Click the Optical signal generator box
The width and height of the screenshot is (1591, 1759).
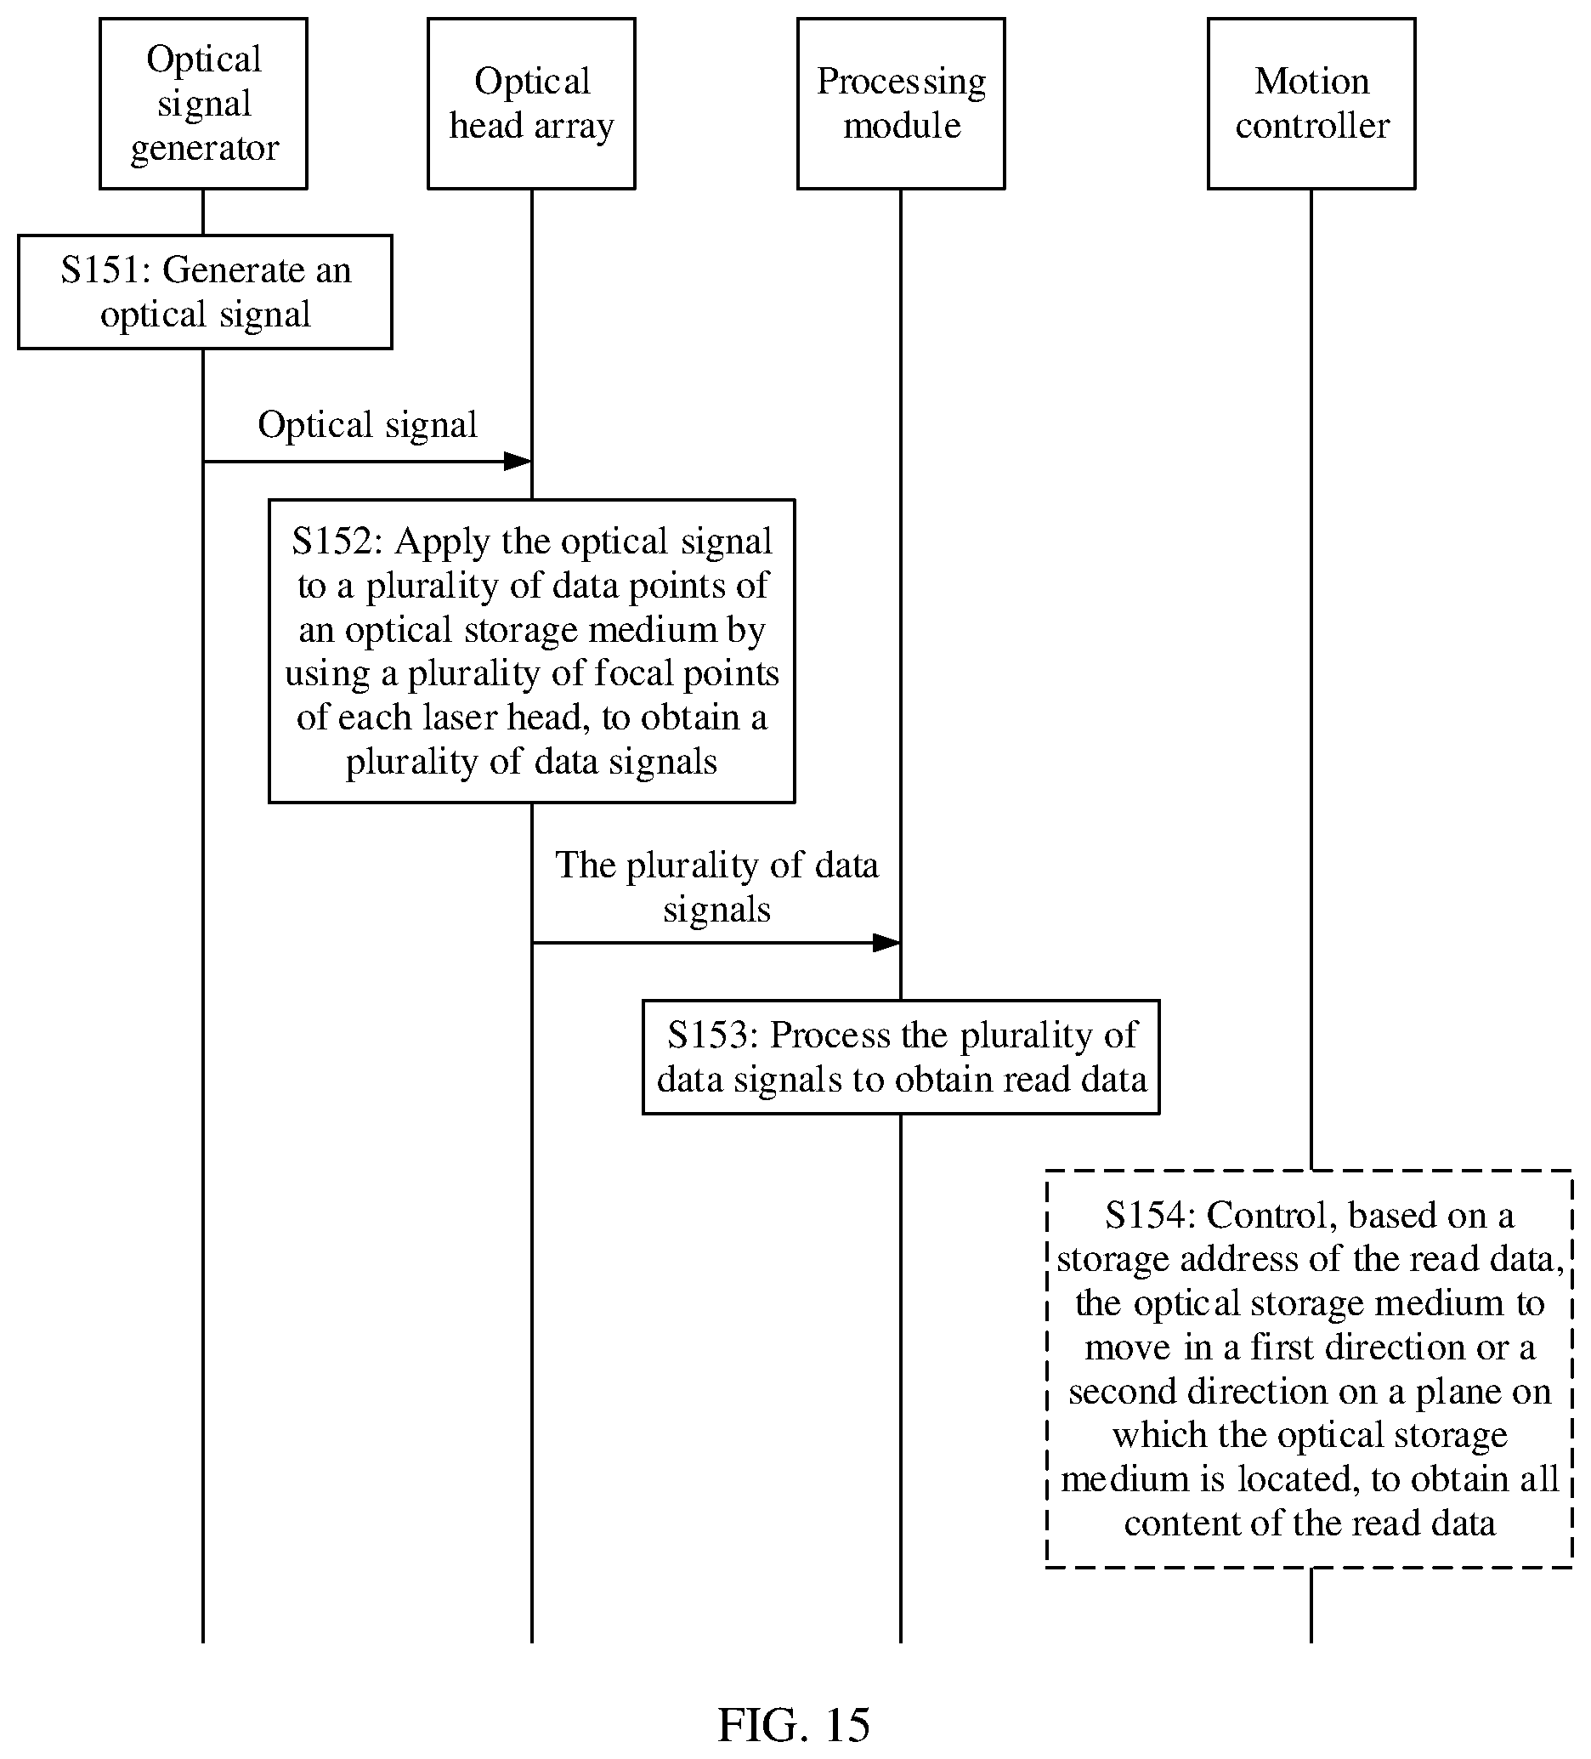coord(203,104)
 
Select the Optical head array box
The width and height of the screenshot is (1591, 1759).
coord(531,104)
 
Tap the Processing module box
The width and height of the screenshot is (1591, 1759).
coord(901,104)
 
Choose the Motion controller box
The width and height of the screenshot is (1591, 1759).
coord(1311,104)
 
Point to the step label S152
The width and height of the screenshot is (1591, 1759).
coord(336,541)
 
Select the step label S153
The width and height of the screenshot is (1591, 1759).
coord(711,1035)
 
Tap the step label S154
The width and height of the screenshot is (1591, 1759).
coord(1149,1215)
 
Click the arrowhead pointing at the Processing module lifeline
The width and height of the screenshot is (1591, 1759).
coord(887,942)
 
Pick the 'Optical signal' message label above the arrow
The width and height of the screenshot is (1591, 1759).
coord(367,426)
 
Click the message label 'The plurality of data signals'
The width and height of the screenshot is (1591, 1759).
coord(717,887)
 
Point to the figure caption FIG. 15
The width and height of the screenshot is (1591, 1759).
coord(794,1725)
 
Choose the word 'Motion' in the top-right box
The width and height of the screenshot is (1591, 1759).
coord(1312,81)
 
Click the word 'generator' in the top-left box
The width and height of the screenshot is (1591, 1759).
coord(204,149)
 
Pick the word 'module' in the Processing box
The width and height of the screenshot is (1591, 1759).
coord(902,126)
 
